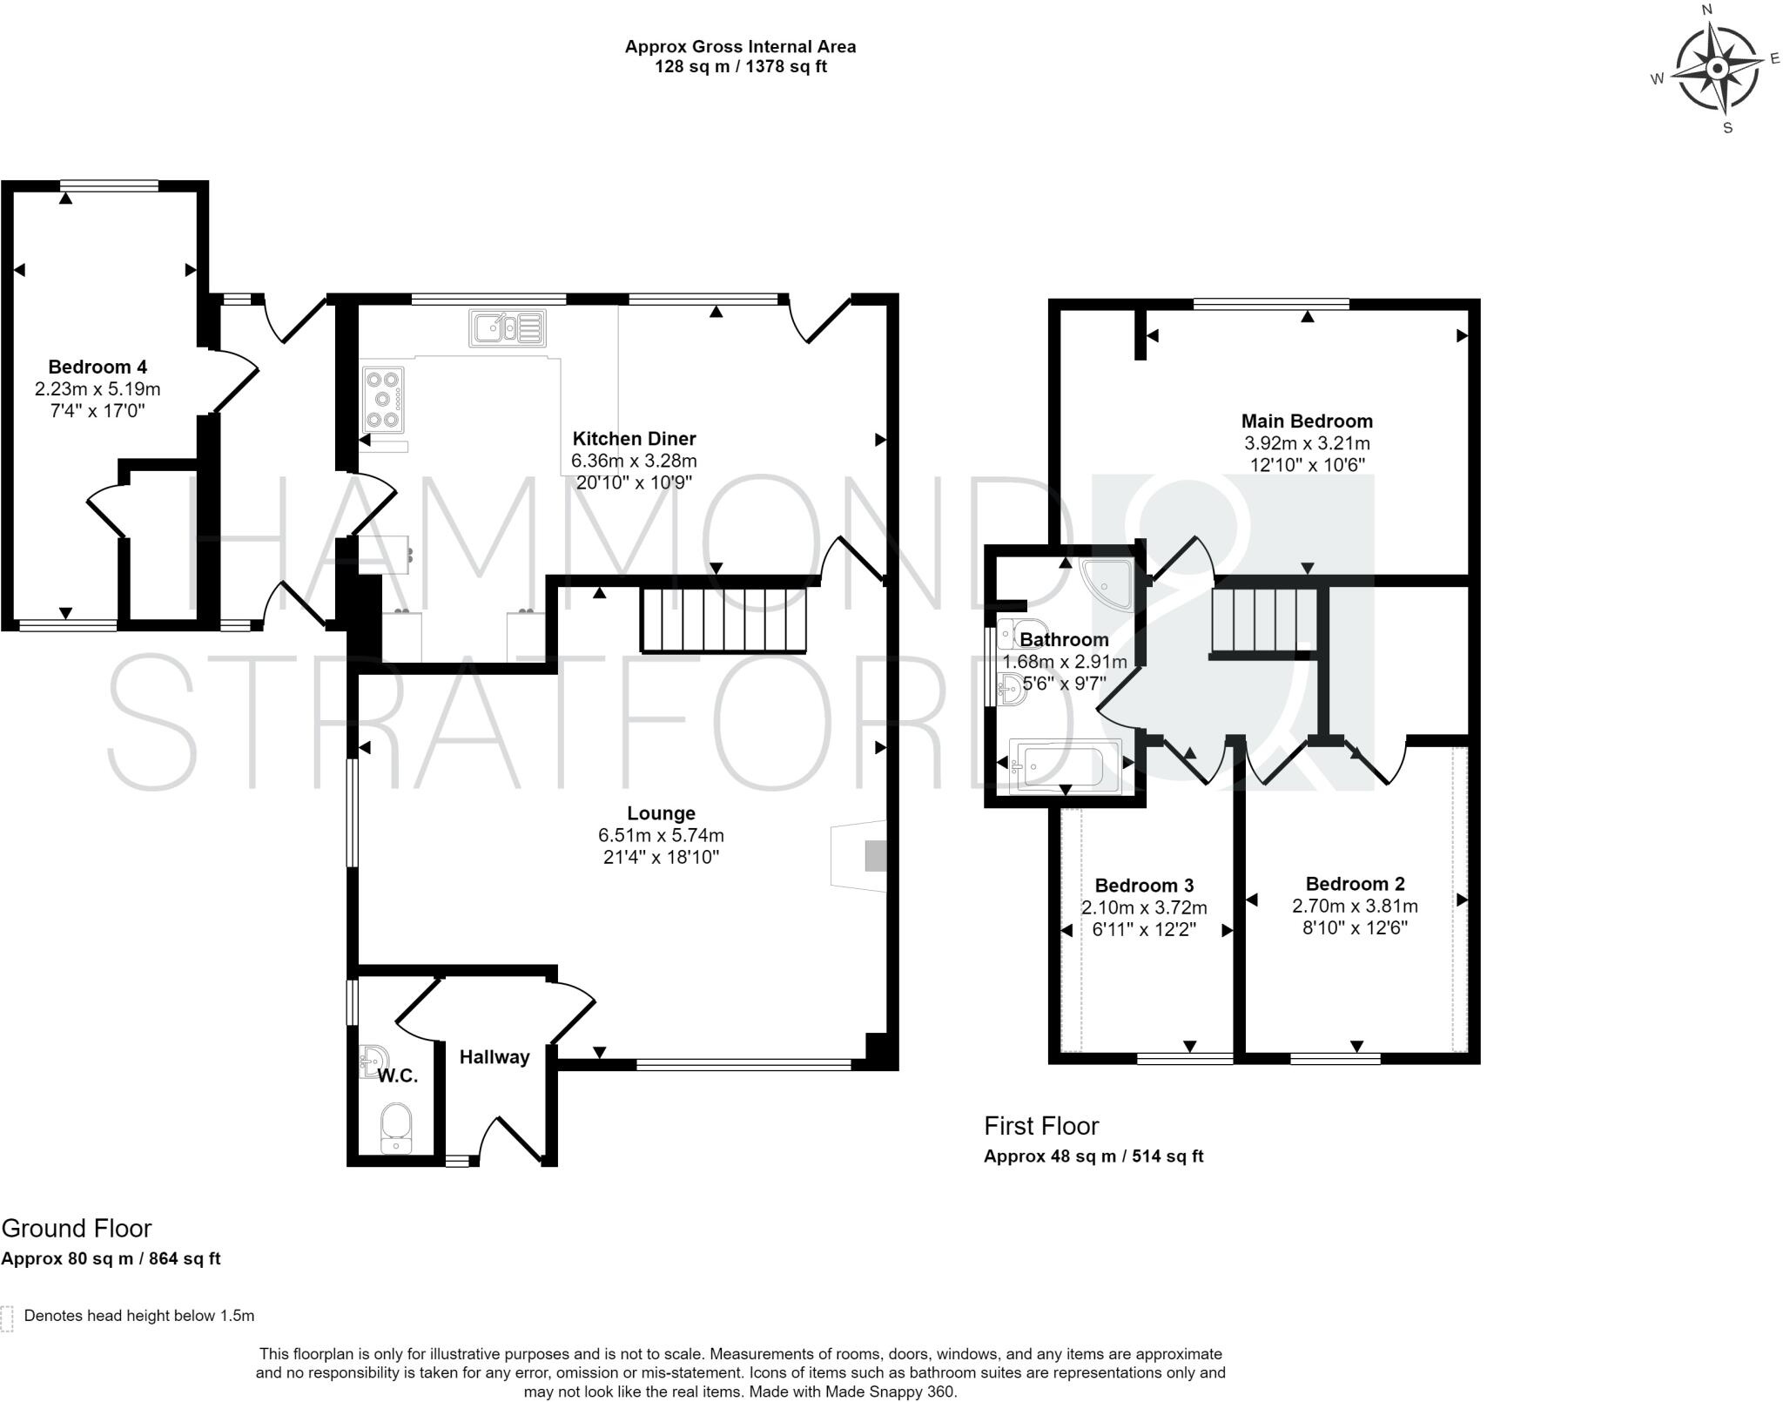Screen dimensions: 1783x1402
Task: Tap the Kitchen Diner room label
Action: click(x=634, y=438)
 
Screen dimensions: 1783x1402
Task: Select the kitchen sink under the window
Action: click(x=507, y=328)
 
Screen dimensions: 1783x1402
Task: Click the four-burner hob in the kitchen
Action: click(x=383, y=401)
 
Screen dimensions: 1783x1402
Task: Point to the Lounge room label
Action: click(x=661, y=813)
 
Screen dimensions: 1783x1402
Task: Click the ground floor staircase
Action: click(x=725, y=620)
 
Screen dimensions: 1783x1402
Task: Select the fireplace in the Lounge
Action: click(x=859, y=856)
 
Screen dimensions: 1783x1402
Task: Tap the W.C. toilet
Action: click(x=396, y=1129)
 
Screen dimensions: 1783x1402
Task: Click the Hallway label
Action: click(x=495, y=1057)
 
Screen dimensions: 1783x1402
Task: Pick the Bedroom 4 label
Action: click(x=98, y=367)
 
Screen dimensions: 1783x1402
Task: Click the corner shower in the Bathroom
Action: click(x=1106, y=583)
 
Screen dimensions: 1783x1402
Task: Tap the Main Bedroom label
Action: click(x=1307, y=421)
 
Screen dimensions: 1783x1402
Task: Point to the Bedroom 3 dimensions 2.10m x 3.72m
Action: click(x=1144, y=907)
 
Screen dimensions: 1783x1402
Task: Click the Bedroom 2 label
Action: click(x=1355, y=884)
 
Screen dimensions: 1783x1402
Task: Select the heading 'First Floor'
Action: click(x=1041, y=1126)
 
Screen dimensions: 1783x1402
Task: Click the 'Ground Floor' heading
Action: click(x=77, y=1228)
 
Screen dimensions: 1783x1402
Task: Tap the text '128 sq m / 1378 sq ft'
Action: click(x=741, y=67)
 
